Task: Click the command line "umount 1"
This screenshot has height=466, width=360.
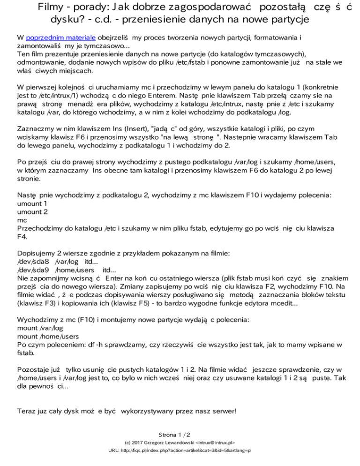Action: [32, 204]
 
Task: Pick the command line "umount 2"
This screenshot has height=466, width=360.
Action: [32, 212]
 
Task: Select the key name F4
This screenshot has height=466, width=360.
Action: [22, 237]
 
